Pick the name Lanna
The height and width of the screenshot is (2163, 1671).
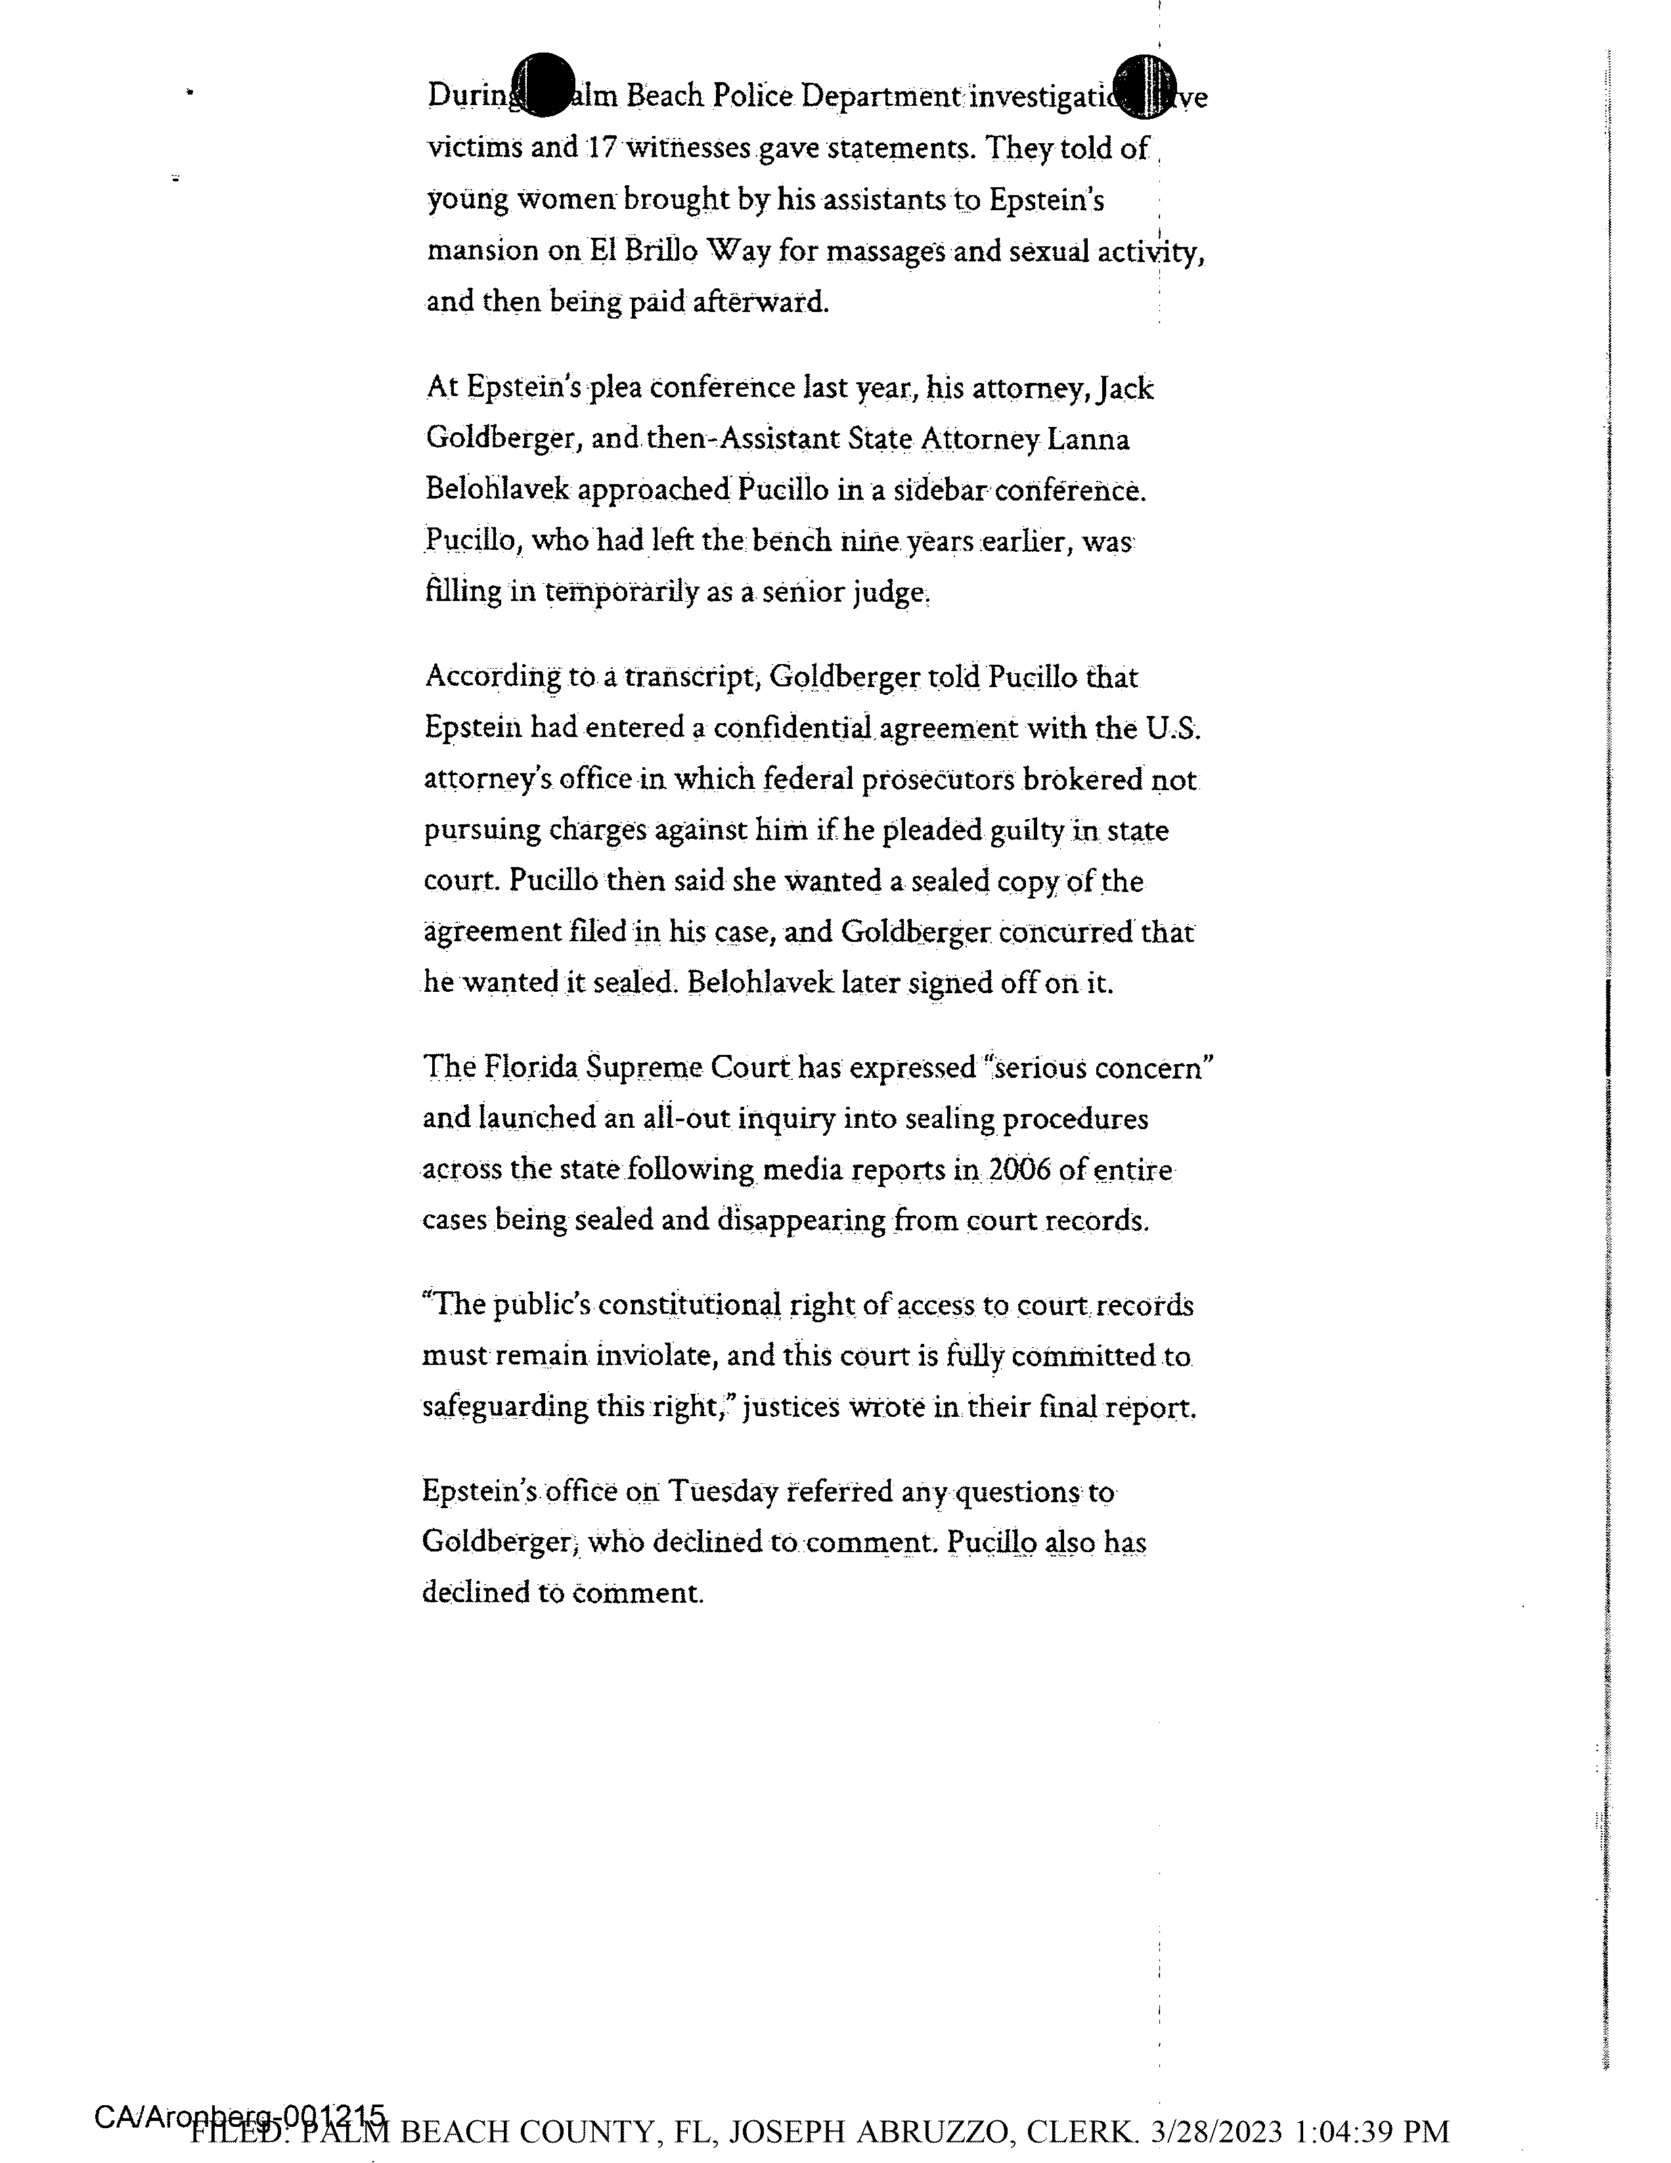tap(1090, 439)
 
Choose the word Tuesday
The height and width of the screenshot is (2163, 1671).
tap(722, 1490)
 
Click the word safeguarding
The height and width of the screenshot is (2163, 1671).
tap(505, 1406)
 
